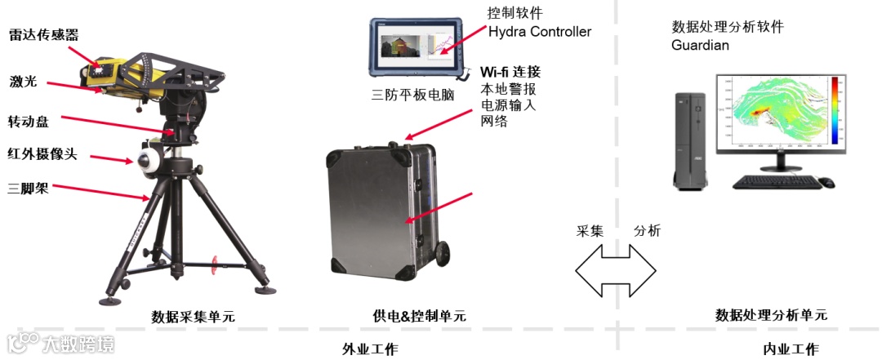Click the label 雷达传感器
[x=43, y=35]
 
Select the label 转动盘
[x=29, y=122]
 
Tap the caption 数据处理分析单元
[x=771, y=315]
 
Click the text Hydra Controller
[x=540, y=32]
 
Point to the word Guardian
[x=700, y=45]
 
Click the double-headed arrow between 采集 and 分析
[x=616, y=269]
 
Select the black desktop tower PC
[x=690, y=139]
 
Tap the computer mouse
[x=826, y=182]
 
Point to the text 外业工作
[x=370, y=349]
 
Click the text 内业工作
[x=791, y=349]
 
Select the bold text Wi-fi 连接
[x=510, y=71]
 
